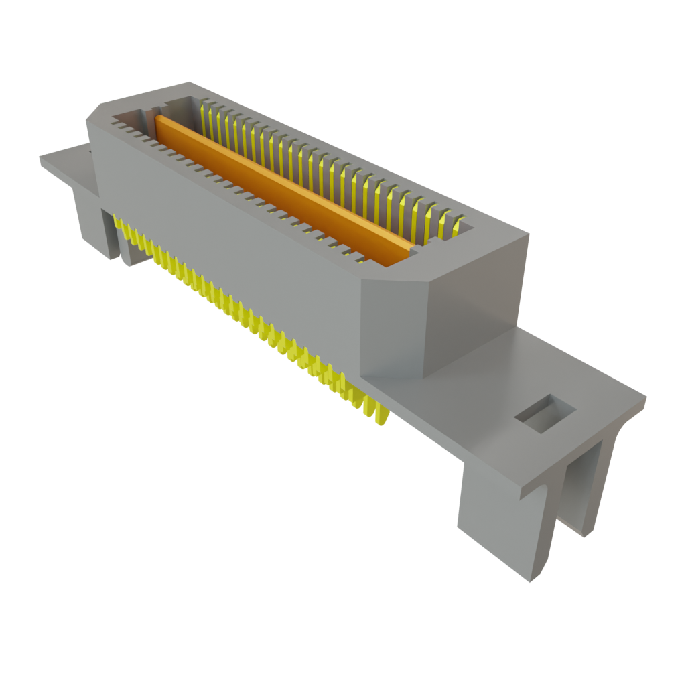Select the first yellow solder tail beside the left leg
click(x=121, y=228)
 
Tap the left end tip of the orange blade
click(x=159, y=121)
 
